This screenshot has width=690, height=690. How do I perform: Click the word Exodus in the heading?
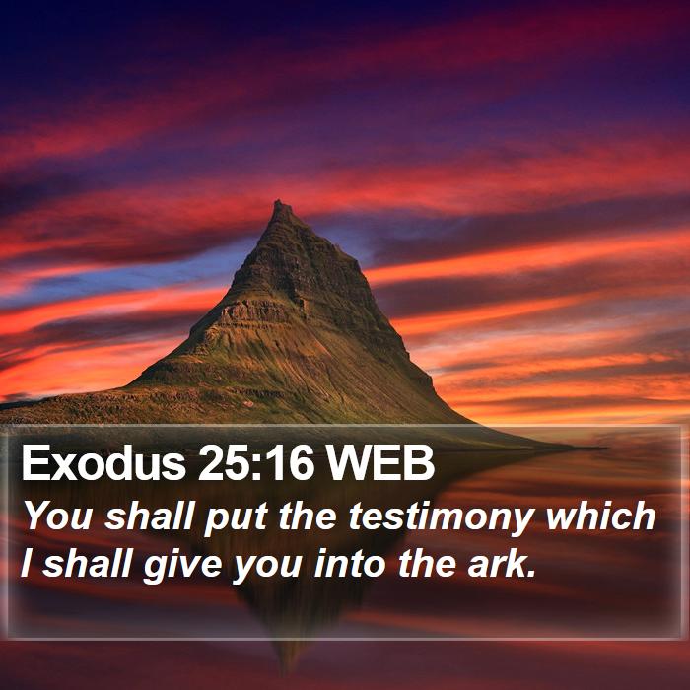[x=103, y=463]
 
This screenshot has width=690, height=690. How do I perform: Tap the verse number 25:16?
[x=256, y=463]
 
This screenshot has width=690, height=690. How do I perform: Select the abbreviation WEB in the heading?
[x=379, y=463]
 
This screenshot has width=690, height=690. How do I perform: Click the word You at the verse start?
[x=57, y=516]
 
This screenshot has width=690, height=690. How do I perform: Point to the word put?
[x=236, y=519]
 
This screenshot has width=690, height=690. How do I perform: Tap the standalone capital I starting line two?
[x=28, y=563]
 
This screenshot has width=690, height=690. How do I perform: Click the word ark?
[x=497, y=563]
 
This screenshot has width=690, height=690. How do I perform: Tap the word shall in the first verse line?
[x=149, y=516]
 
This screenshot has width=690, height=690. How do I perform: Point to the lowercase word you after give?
[x=267, y=567]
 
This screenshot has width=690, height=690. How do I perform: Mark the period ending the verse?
[x=532, y=574]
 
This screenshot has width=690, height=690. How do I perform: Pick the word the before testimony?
[x=308, y=516]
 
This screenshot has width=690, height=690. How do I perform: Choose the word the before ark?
[x=427, y=563]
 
